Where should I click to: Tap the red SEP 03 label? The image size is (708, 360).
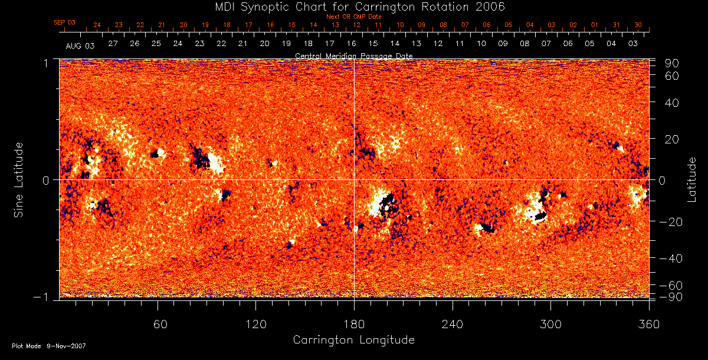[x=64, y=22]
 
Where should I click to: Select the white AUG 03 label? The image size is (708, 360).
[x=80, y=45]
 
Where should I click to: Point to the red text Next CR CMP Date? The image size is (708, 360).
[x=353, y=17]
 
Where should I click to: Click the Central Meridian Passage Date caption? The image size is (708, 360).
[x=353, y=55]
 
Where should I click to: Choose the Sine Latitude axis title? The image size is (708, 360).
[x=19, y=179]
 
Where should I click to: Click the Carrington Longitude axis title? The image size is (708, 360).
[x=353, y=340]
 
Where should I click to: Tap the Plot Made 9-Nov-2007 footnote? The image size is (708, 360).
[x=49, y=346]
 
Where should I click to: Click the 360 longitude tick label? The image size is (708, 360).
[x=649, y=325]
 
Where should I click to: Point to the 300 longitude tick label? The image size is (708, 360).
[x=550, y=325]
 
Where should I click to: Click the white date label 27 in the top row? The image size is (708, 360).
[x=113, y=44]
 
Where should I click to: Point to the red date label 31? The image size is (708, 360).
[x=616, y=25]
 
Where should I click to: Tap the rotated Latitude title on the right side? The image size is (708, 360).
[x=692, y=179]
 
